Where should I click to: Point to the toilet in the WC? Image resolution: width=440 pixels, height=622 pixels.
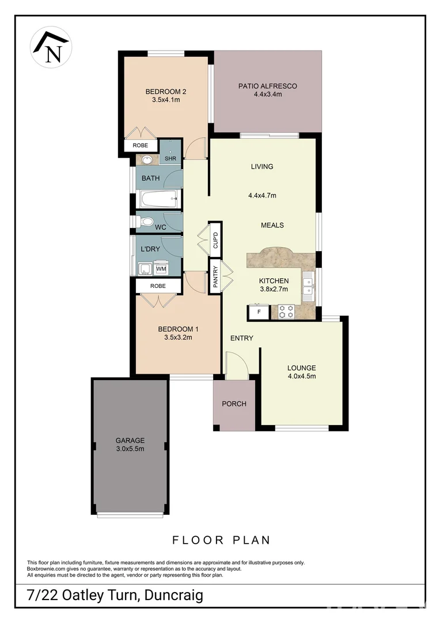pyautogui.click(x=146, y=222)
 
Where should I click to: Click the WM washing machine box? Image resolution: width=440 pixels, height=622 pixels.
pyautogui.click(x=161, y=268)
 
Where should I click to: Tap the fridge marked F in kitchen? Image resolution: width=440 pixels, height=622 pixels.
pyautogui.click(x=259, y=312)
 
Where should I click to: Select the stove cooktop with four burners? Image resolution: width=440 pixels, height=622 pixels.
pyautogui.click(x=286, y=312)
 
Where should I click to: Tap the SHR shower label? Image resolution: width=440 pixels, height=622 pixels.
pyautogui.click(x=170, y=158)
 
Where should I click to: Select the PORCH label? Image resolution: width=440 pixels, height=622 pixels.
pyautogui.click(x=234, y=404)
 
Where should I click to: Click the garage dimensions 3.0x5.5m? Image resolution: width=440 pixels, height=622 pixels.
pyautogui.click(x=130, y=449)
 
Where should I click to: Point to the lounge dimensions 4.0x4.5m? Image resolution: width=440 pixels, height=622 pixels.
pyautogui.click(x=302, y=376)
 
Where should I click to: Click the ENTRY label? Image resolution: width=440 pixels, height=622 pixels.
pyautogui.click(x=241, y=338)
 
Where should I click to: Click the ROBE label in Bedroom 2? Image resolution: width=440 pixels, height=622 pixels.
pyautogui.click(x=140, y=146)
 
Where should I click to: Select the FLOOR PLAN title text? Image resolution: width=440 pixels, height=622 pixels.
pyautogui.click(x=221, y=540)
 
